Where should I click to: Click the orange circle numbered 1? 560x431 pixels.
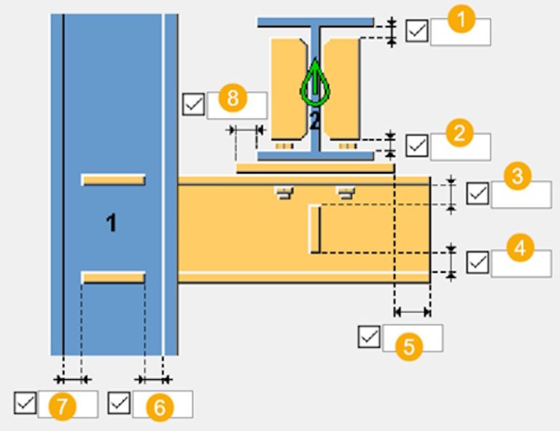pyautogui.click(x=461, y=19)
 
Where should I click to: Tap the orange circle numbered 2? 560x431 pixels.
pyautogui.click(x=459, y=133)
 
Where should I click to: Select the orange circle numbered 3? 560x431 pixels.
pyautogui.click(x=518, y=176)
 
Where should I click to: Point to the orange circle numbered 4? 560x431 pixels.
pyautogui.click(x=520, y=247)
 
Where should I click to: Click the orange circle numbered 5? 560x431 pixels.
pyautogui.click(x=409, y=346)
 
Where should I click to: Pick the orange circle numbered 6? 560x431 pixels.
pyautogui.click(x=160, y=408)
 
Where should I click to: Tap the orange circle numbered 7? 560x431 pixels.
pyautogui.click(x=63, y=406)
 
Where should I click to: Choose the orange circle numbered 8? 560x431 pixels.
pyautogui.click(x=233, y=98)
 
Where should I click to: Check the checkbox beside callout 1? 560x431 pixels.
pyautogui.click(x=417, y=31)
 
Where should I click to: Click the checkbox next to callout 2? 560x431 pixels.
pyautogui.click(x=417, y=145)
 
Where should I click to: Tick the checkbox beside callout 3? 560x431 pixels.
pyautogui.click(x=478, y=193)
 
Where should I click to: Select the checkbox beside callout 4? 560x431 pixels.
pyautogui.click(x=478, y=263)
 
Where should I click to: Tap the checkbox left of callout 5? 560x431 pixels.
pyautogui.click(x=369, y=336)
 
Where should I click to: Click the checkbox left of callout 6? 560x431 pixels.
pyautogui.click(x=119, y=403)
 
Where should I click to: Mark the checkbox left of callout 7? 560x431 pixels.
pyautogui.click(x=25, y=403)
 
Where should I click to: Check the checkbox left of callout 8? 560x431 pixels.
pyautogui.click(x=193, y=104)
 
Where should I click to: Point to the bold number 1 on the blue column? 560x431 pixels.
pyautogui.click(x=112, y=223)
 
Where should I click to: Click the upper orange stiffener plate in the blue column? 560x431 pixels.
pyautogui.click(x=113, y=179)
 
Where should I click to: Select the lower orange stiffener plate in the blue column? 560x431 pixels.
pyautogui.click(x=113, y=277)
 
